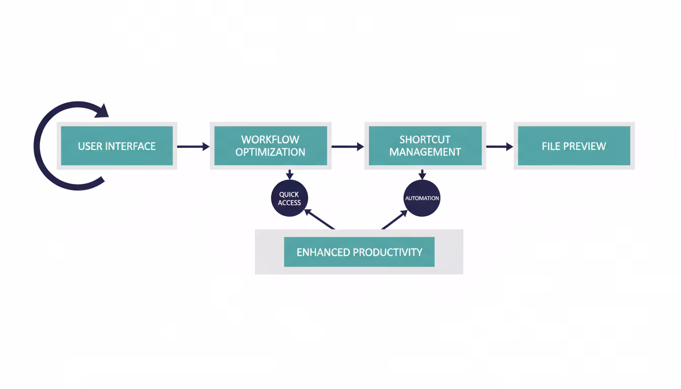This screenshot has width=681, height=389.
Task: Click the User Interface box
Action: [117, 146]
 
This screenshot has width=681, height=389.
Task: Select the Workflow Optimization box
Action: [271, 146]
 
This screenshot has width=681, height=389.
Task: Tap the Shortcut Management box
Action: [425, 146]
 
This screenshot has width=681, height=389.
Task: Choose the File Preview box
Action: [574, 146]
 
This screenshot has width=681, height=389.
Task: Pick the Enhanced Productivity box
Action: [359, 252]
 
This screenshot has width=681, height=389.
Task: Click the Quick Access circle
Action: [289, 199]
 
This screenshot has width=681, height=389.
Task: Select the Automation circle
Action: [422, 198]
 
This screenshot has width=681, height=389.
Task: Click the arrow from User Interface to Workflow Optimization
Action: [193, 147]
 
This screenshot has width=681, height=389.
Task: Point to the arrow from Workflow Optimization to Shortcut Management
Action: [348, 147]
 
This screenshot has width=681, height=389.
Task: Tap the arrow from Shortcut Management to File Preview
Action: [500, 147]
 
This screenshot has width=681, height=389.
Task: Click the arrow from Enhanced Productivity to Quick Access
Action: [319, 219]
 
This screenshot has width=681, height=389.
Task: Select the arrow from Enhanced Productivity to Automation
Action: [394, 220]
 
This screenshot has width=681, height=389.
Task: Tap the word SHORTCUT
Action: [425, 140]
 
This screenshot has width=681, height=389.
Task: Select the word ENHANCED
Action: [323, 252]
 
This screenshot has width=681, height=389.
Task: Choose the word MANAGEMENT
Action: [425, 152]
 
